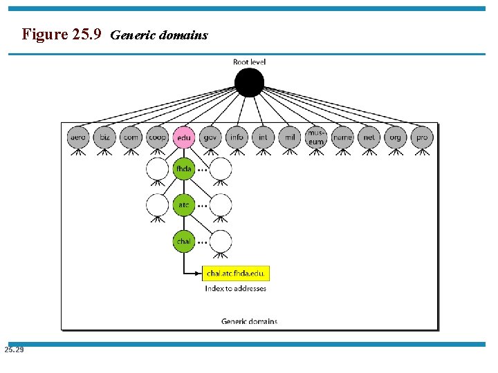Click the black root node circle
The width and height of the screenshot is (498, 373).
point(249,83)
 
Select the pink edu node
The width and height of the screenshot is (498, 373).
point(183,137)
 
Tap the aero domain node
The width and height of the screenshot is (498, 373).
point(78,137)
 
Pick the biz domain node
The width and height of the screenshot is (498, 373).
point(104,137)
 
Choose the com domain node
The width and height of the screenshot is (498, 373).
point(131,137)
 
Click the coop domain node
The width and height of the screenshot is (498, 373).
point(157,137)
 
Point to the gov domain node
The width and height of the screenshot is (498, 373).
point(210,137)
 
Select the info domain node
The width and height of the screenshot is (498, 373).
point(237,137)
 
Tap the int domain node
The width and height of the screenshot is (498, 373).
point(263,137)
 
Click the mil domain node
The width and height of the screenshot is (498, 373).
point(289,137)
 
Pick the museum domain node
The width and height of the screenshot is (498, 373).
point(316,137)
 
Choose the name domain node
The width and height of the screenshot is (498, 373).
point(342,137)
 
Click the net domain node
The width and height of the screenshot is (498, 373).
point(369,137)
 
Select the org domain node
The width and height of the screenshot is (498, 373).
point(395,137)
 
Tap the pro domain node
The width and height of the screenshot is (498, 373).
point(422,137)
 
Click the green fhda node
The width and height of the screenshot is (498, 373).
point(183,169)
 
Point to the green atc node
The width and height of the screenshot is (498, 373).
point(183,205)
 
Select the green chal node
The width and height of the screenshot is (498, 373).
point(183,242)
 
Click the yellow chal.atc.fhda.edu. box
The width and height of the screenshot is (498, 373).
point(235,274)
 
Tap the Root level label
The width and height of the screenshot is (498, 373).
point(249,62)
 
